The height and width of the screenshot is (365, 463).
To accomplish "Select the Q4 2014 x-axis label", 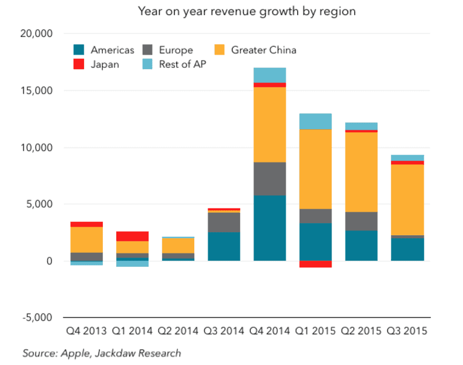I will pos(270,331).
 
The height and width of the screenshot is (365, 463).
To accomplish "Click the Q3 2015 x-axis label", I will pos(407,331).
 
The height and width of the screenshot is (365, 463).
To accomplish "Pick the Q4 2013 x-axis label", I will pos(87,331).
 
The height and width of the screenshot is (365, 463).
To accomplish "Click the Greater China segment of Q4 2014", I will pos(270,124).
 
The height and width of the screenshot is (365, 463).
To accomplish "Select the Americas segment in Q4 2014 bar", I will pos(270,227).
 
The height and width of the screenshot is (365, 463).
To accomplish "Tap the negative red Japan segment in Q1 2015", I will pos(315,264).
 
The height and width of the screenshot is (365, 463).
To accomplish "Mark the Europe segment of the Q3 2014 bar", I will pos(224,222).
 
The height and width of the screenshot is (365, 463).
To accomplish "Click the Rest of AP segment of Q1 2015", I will pos(315,121).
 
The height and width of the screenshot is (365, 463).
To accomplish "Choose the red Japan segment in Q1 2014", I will pos(133,236).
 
